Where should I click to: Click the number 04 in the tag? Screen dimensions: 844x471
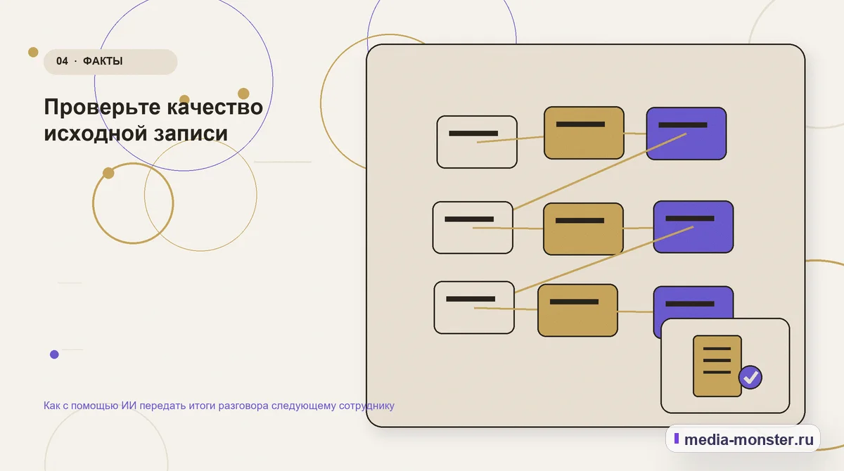point(62,61)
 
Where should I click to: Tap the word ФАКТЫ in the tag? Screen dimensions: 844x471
point(103,61)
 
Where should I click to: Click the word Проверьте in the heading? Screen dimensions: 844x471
point(103,108)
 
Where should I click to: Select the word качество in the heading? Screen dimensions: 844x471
point(215,107)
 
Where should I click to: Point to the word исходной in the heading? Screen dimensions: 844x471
point(96,134)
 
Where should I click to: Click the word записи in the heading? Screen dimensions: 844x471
point(191,134)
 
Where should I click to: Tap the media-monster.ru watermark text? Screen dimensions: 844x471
point(748,439)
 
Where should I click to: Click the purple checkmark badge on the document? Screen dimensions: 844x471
point(750,378)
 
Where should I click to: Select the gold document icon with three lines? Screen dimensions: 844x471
point(717,366)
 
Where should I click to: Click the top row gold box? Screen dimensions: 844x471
point(584,133)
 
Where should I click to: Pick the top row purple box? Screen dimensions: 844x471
point(686,134)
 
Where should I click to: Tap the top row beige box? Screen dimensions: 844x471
point(477,141)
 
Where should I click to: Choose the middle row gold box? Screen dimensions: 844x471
point(583,229)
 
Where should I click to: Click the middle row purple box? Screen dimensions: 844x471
point(693,227)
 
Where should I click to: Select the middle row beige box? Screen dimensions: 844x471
point(473,227)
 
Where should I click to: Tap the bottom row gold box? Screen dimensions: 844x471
point(577,310)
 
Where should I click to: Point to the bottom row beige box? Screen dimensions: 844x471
point(474,308)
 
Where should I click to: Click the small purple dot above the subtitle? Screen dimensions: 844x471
point(54,354)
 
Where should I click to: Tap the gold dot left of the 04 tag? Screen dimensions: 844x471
point(33,52)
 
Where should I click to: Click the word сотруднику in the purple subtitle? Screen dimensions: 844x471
point(366,406)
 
